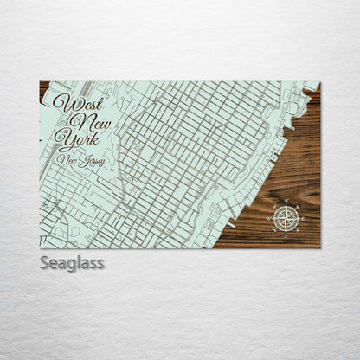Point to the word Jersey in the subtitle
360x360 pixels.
tap(91, 160)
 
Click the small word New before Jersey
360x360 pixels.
tap(67, 159)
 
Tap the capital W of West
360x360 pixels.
tap(61, 102)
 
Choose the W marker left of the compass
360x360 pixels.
tap(267, 218)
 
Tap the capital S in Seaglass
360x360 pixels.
tap(45, 262)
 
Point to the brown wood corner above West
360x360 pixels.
tap(43, 87)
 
